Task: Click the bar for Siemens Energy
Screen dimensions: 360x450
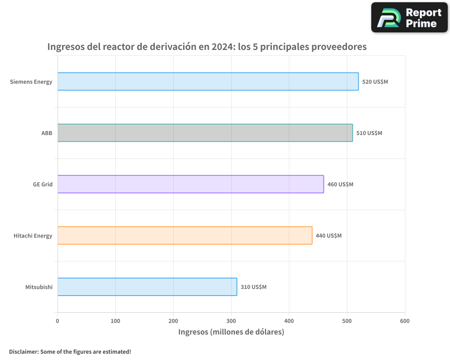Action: tap(208, 81)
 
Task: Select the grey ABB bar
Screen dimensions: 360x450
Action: tap(205, 133)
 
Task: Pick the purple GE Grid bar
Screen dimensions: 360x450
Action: tap(190, 184)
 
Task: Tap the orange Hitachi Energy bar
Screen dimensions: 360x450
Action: tap(184, 235)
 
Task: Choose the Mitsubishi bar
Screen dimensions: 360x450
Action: tap(147, 287)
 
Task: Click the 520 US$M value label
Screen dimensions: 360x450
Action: tap(375, 82)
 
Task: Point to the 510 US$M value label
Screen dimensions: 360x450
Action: tap(369, 133)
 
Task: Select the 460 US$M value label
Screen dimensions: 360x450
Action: tap(340, 184)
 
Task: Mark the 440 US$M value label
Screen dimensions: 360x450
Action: tap(328, 236)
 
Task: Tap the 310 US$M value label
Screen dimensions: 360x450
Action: tap(253, 287)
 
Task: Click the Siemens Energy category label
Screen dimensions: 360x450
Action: tap(31, 82)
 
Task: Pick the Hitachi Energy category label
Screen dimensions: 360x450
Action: tap(33, 236)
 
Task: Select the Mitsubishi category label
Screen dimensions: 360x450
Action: tap(39, 287)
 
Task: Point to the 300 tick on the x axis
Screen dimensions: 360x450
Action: tap(231, 321)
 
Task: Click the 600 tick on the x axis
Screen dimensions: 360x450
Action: tap(405, 321)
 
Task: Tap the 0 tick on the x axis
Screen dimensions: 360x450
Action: tap(58, 321)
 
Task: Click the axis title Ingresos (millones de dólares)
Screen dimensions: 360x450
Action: tap(231, 332)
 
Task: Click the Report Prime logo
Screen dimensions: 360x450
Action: tap(409, 18)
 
